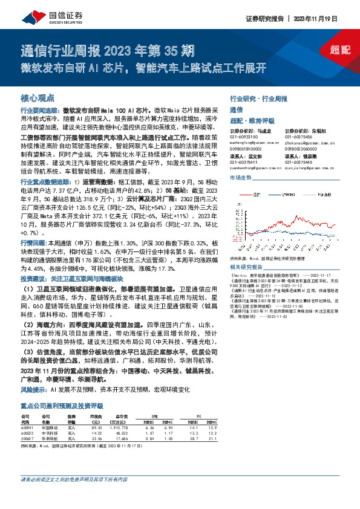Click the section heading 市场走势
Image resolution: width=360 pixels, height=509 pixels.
[x=240, y=178]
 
